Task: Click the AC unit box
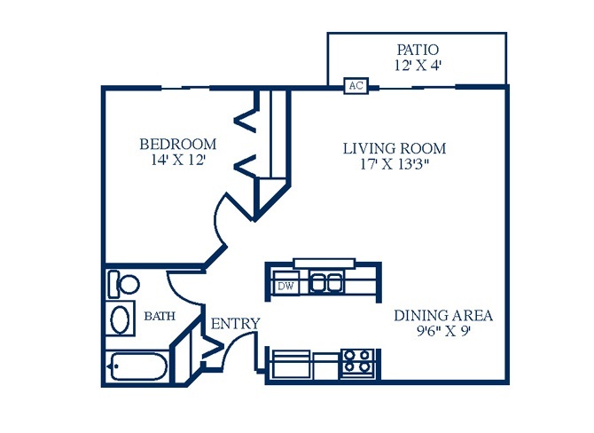[x=356, y=86]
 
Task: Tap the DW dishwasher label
[x=285, y=287]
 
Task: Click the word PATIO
[x=418, y=50]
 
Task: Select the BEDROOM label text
[x=178, y=144]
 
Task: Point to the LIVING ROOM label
[x=395, y=148]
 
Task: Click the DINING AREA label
[x=443, y=316]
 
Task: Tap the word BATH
[x=160, y=316]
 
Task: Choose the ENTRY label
[x=235, y=324]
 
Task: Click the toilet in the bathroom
[x=123, y=284]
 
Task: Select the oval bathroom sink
[x=120, y=319]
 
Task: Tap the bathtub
[x=138, y=366]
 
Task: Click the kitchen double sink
[x=326, y=282]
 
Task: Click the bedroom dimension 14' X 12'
[x=178, y=160]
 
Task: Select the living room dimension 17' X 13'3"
[x=395, y=164]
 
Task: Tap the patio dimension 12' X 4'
[x=418, y=65]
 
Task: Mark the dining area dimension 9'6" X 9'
[x=443, y=331]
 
